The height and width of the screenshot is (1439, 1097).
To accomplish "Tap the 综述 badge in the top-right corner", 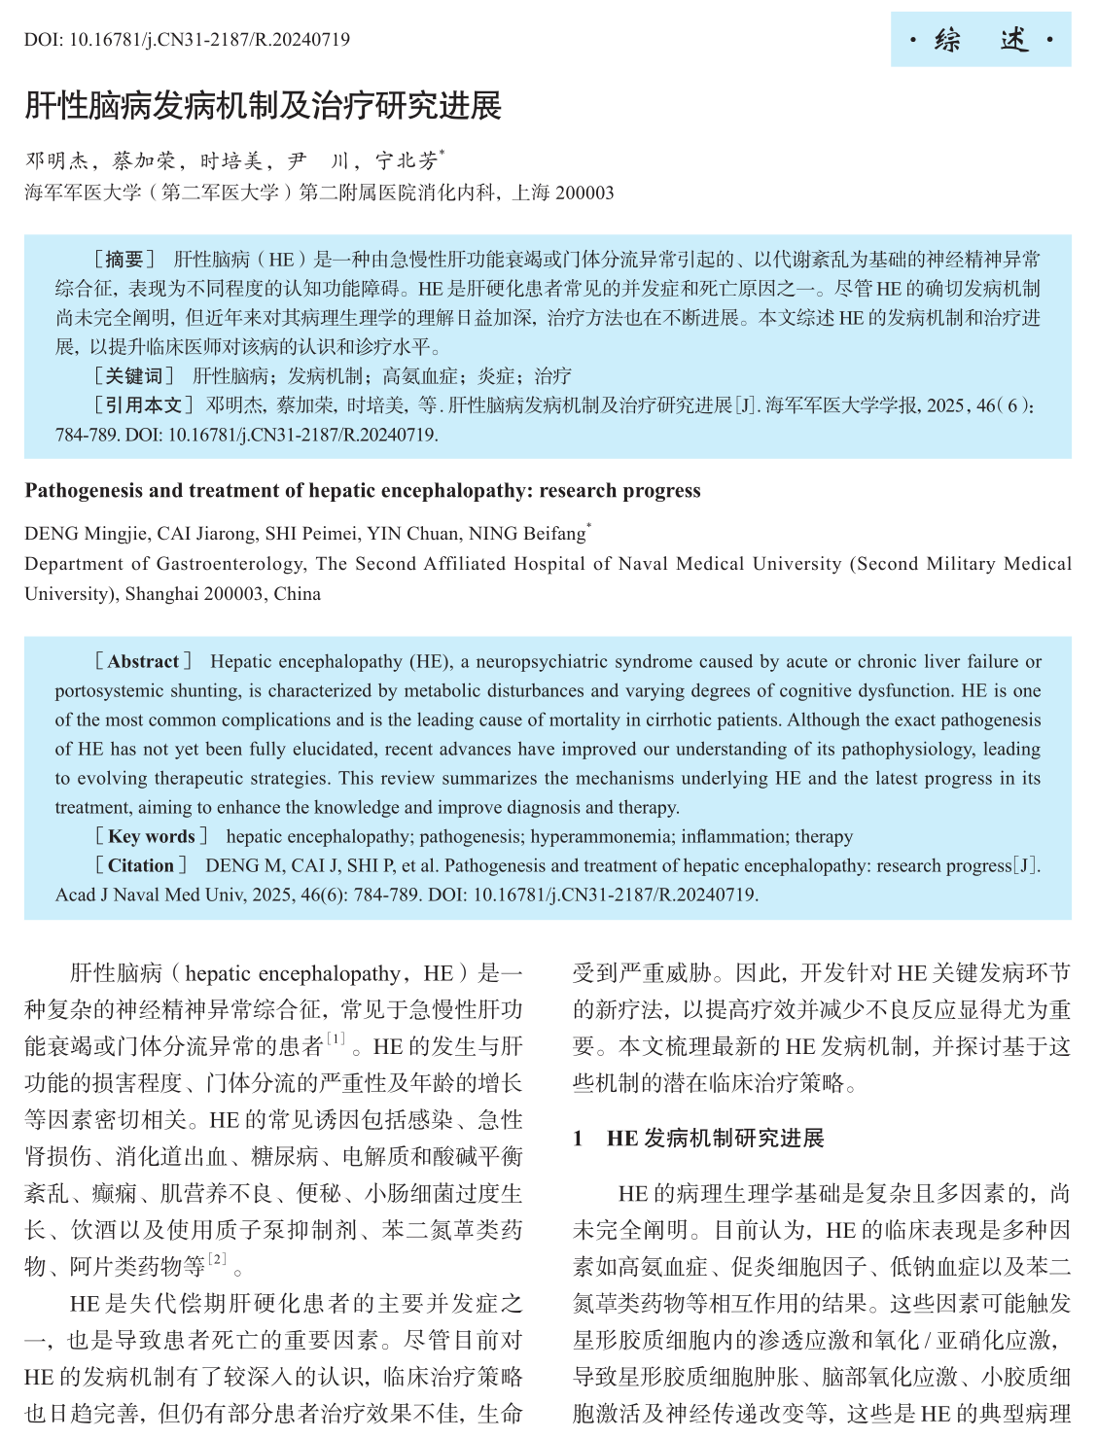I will pyautogui.click(x=980, y=40).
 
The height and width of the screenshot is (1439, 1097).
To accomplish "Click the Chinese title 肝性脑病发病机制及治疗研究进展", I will pyautogui.click(x=263, y=106).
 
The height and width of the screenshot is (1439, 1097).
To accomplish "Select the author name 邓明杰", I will pyautogui.click(x=56, y=160).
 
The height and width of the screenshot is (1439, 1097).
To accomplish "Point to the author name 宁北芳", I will pyautogui.click(x=407, y=160).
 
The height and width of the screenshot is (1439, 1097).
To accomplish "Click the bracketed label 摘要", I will pyautogui.click(x=124, y=259).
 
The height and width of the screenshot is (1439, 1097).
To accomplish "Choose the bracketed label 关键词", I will pyautogui.click(x=133, y=375).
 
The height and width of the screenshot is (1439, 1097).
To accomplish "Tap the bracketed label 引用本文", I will pyautogui.click(x=143, y=404).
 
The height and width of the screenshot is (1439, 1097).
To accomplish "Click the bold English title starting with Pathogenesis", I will pyautogui.click(x=363, y=490).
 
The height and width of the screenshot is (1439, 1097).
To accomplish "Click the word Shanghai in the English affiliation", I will pyautogui.click(x=162, y=593).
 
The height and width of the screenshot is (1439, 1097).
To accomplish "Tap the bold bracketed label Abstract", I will pyautogui.click(x=143, y=661).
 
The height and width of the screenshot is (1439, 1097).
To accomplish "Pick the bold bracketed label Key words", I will pyautogui.click(x=151, y=836).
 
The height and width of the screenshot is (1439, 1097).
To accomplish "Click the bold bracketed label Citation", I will pyautogui.click(x=141, y=865).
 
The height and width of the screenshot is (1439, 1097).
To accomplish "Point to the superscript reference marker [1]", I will pyautogui.click(x=336, y=1039).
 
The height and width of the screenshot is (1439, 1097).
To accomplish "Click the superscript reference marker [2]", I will pyautogui.click(x=217, y=1259).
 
